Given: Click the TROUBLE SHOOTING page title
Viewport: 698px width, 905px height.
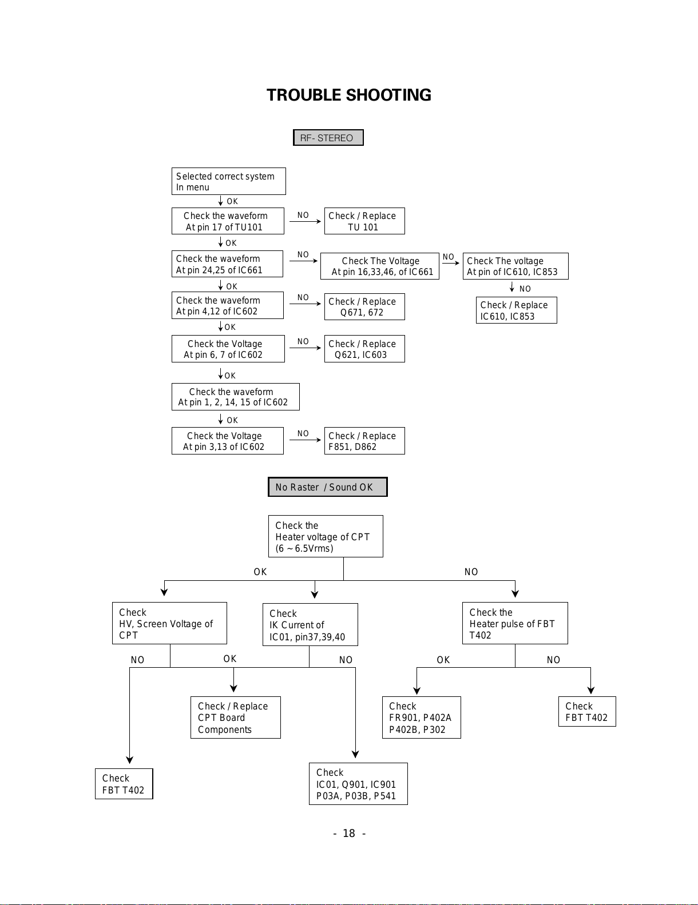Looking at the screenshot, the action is coord(349,95).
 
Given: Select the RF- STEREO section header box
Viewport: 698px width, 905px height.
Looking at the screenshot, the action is coord(328,137).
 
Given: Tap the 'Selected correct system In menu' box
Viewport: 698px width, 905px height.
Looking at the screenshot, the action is coord(229,181).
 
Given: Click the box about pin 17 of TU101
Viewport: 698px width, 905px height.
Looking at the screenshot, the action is coord(228,221).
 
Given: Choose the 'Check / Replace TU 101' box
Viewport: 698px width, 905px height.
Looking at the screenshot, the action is coord(364,221).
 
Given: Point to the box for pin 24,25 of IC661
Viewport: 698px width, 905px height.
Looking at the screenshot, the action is coord(227,264).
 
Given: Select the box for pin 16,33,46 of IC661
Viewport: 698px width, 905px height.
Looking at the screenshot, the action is coord(380,266).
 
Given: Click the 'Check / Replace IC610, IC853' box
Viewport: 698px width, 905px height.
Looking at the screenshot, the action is coord(516,310).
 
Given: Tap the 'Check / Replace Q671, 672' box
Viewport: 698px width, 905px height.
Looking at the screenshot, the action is coord(364,307).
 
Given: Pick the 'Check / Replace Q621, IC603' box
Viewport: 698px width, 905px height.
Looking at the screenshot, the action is coord(364,349).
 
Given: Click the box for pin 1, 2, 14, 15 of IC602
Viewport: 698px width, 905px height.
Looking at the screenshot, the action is coord(236,397).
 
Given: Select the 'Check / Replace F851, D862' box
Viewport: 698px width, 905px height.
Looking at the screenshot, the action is coord(364,441).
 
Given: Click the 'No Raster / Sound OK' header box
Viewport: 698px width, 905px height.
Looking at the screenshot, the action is coord(327,487).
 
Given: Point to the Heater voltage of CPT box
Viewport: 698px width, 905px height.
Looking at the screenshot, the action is coord(326,536).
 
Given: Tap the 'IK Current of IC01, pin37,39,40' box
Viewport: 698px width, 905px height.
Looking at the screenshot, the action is coord(310,625).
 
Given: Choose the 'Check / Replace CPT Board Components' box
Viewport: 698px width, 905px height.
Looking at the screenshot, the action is coord(236,717).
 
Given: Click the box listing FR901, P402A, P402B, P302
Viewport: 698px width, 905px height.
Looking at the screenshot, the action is coord(421,717).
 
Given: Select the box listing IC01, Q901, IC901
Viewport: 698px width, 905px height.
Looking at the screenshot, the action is coord(358,784).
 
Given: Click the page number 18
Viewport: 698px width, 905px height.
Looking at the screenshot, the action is coord(349,833).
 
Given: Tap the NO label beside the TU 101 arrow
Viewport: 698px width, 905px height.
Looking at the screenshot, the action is coord(303,216).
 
